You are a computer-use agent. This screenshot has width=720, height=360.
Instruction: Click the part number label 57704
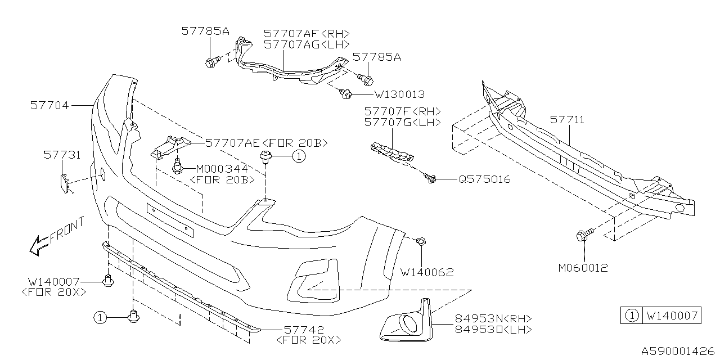(49, 105)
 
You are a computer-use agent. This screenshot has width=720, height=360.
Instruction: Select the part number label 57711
(567, 120)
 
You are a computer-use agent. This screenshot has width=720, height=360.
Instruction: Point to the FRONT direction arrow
(39, 244)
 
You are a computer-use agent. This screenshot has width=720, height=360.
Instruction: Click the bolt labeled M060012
(583, 236)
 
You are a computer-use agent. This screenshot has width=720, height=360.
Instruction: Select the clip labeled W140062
(421, 242)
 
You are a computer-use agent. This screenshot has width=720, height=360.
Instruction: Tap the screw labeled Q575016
(431, 179)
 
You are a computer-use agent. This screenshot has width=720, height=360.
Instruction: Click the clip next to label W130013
(346, 94)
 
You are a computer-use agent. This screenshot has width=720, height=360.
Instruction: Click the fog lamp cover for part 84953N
(406, 323)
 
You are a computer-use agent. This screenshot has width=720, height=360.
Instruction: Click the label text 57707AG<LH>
(307, 44)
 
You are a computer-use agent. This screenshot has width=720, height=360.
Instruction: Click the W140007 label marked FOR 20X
(55, 281)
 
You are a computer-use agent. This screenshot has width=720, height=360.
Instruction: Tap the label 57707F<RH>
(402, 111)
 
